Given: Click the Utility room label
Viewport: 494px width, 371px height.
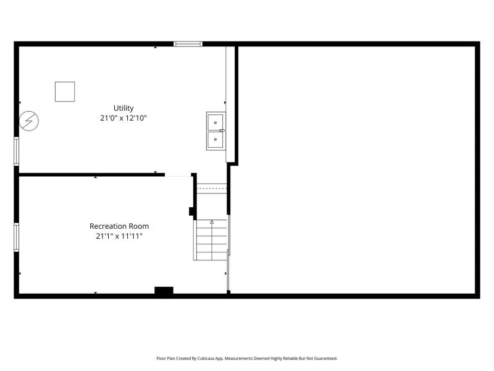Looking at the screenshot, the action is point(124,108).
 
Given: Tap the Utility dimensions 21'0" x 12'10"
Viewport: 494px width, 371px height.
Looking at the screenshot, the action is point(124,118).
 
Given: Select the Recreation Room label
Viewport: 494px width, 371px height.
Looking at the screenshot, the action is point(119,226).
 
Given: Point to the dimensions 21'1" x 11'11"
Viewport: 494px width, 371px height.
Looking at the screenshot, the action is point(119,236).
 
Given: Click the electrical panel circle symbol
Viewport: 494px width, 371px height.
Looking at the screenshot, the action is point(29,121).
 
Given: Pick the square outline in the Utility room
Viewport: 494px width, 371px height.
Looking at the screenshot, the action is point(65,92).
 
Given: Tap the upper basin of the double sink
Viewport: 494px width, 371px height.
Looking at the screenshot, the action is point(216,122).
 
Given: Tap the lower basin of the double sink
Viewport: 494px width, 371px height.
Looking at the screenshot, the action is point(216,140).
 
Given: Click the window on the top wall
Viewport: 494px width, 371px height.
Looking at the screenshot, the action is point(188,44).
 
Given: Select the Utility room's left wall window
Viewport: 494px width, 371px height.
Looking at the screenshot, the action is point(17,151).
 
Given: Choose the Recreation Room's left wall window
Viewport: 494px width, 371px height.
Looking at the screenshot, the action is point(17,237).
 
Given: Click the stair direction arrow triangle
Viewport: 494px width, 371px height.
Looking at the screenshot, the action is point(212,222).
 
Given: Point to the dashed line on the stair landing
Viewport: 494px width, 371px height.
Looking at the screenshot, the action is point(212,189).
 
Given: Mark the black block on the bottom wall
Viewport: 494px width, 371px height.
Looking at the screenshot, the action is point(164,291).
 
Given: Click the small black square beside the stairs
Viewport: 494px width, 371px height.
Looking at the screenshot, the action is point(191,211).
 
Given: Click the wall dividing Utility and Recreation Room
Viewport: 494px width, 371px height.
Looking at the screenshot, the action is point(92,174).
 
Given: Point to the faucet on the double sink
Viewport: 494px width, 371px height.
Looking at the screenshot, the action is point(222,130).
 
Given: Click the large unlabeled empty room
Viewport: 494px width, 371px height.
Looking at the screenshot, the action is point(357,170).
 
